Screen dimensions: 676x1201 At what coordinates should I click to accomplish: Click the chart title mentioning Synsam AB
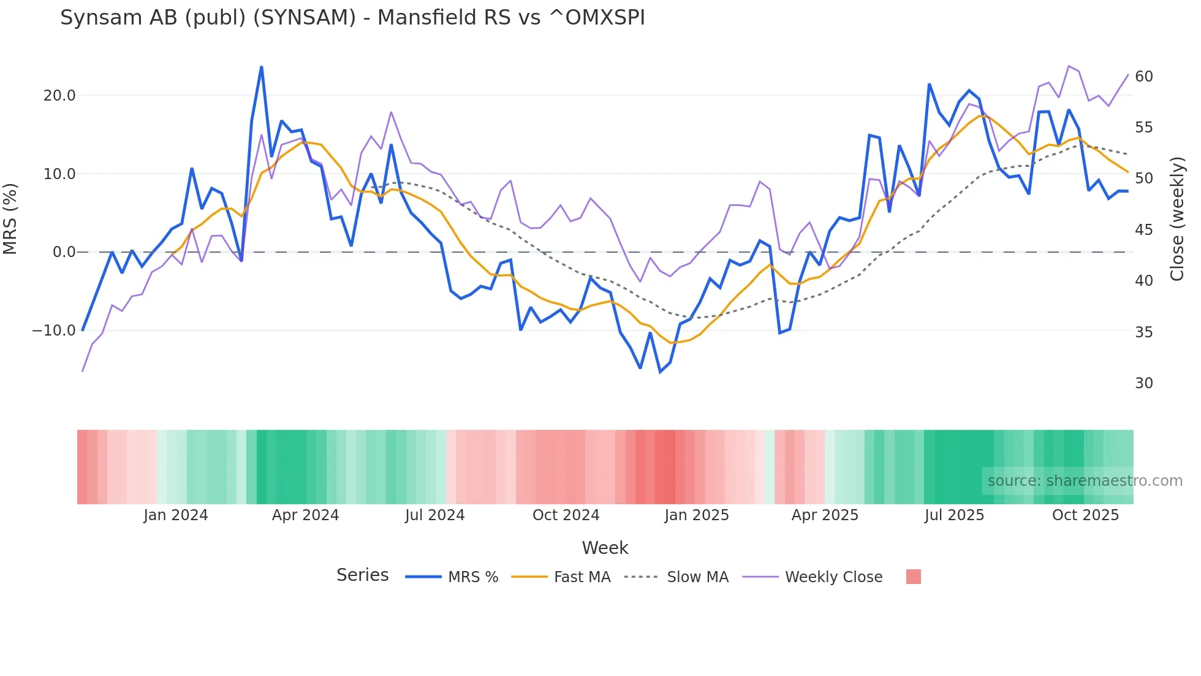click(352, 18)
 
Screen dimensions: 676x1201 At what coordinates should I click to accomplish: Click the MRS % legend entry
click(472, 577)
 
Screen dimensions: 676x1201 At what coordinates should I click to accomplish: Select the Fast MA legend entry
click(582, 577)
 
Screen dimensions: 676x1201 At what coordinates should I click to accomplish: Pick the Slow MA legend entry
click(697, 577)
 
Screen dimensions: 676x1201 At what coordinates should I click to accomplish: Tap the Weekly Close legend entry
click(833, 577)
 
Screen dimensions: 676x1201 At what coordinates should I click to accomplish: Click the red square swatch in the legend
click(913, 577)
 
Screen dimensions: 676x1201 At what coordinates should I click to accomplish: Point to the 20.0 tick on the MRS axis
click(59, 96)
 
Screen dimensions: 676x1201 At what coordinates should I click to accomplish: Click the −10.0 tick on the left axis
click(54, 331)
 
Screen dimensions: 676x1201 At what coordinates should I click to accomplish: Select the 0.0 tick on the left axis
click(64, 252)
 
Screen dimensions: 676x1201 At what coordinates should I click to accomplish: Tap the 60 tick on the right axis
click(1144, 77)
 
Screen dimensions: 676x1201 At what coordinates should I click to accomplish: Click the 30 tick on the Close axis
click(1144, 383)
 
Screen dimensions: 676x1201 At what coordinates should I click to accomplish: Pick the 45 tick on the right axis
click(1144, 230)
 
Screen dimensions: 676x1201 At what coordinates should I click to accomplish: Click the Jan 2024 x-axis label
click(176, 515)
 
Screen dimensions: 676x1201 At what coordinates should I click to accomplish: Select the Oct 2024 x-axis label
click(566, 515)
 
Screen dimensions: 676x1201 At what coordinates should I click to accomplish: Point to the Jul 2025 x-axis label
click(954, 515)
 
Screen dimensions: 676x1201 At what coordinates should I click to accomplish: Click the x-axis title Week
click(605, 548)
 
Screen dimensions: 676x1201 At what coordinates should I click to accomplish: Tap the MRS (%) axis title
click(10, 218)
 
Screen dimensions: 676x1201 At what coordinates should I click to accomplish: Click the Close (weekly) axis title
click(1177, 218)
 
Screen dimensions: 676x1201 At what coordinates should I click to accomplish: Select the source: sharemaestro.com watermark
click(1085, 481)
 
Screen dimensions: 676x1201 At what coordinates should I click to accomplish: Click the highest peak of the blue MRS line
click(262, 67)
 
